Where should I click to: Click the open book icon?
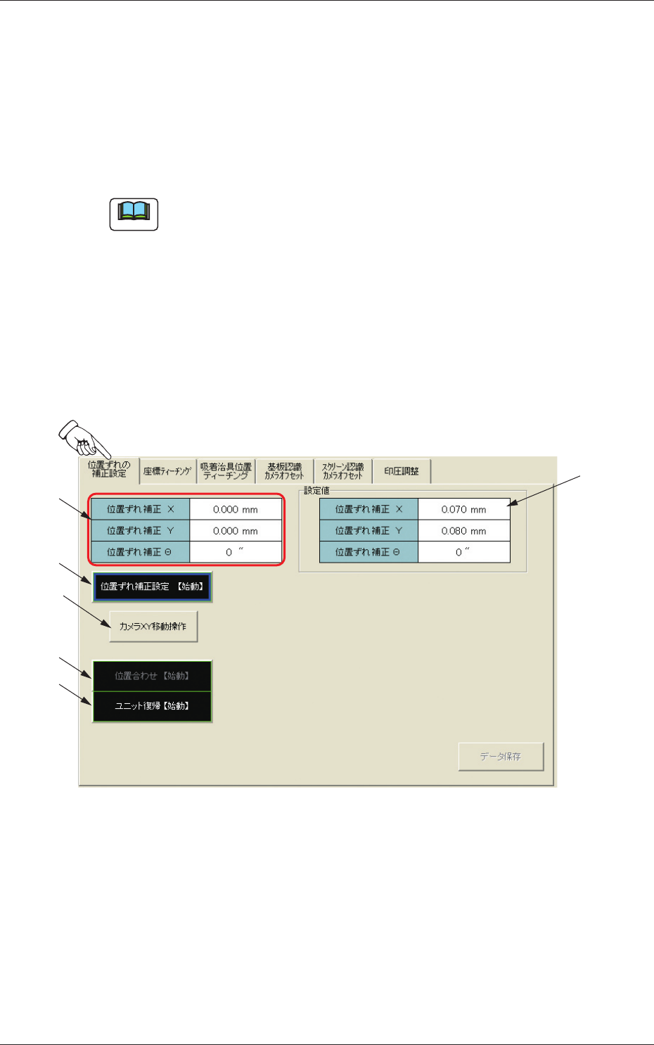point(134,214)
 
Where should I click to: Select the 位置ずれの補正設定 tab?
point(109,470)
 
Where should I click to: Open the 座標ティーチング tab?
point(167,471)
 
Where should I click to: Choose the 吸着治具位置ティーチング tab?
point(226,471)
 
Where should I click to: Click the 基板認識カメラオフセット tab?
point(284,471)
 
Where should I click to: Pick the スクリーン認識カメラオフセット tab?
point(342,471)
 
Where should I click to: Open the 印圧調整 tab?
point(401,471)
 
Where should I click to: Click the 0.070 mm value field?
point(463,509)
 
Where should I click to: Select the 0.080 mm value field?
point(463,531)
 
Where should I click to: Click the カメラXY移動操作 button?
point(153,627)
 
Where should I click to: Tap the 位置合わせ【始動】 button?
point(152,676)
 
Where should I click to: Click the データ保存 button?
point(501,757)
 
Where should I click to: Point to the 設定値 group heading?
point(316,491)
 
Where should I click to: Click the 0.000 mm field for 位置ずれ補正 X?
point(236,509)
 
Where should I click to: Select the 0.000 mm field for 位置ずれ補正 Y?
point(236,531)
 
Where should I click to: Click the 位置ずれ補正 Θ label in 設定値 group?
point(368,552)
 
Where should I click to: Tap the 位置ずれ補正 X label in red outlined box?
point(140,509)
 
